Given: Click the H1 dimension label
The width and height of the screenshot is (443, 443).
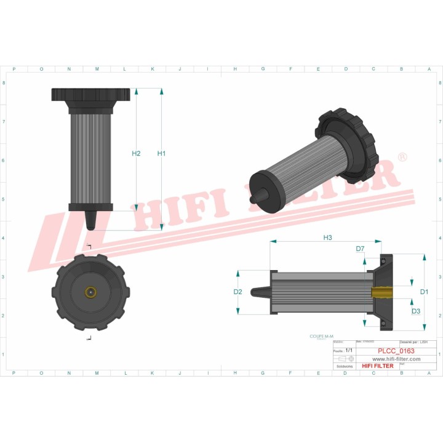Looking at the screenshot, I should [x=161, y=153].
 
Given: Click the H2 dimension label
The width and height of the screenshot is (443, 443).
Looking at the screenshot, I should [x=137, y=153].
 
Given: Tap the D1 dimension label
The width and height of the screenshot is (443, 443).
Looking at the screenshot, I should [x=424, y=291].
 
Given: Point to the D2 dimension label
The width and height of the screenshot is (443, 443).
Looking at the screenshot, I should [x=237, y=292].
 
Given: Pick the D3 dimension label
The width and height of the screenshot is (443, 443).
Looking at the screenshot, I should [x=416, y=311].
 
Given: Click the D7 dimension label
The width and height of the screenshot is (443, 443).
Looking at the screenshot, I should [x=360, y=249].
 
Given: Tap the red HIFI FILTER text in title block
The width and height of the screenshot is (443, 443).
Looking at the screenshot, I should [x=377, y=366].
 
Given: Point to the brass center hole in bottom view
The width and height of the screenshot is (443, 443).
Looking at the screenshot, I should [x=90, y=292].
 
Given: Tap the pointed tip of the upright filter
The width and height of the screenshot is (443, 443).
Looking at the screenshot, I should [x=90, y=222].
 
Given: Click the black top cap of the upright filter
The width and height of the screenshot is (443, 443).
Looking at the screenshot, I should [x=91, y=95].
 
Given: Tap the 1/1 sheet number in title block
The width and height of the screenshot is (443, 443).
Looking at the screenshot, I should [x=349, y=350].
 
